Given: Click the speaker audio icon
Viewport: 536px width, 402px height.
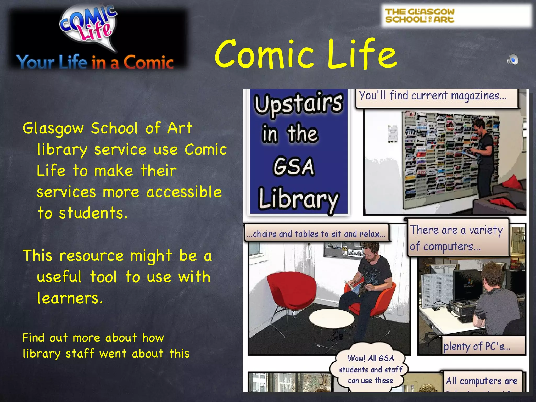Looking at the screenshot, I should click(512, 60).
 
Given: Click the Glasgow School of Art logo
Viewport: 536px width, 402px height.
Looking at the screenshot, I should click(420, 15).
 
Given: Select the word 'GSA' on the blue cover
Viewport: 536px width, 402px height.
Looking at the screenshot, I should click(294, 166).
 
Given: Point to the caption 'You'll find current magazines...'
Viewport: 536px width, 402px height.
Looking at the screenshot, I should click(433, 96).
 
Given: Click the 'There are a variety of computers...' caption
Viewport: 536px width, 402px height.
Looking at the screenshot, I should click(457, 238).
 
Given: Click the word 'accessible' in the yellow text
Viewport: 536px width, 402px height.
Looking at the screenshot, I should click(184, 192).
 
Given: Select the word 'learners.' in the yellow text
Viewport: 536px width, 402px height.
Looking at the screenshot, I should click(70, 298).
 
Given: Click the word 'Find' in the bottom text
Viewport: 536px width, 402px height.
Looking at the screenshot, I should click(33, 338).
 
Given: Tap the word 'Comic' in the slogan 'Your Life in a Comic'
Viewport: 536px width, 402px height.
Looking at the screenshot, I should click(148, 63).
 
